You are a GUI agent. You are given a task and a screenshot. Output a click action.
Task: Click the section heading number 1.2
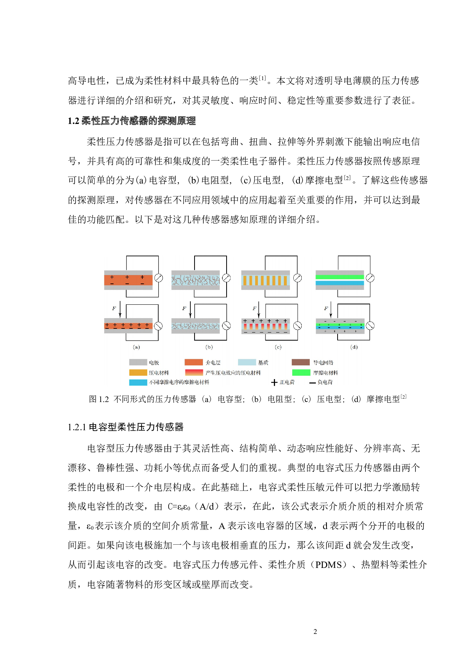click(73, 121)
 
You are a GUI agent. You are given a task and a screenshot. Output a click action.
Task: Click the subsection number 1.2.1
click(77, 427)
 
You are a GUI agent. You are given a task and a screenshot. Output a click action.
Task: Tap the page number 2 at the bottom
click(315, 632)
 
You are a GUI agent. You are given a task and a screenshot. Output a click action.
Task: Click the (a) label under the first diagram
click(136, 347)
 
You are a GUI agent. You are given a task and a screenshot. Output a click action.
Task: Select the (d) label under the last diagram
click(354, 347)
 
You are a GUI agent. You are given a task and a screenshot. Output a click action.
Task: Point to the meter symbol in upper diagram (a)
click(159, 278)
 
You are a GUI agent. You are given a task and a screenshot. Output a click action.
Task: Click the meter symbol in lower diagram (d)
click(370, 326)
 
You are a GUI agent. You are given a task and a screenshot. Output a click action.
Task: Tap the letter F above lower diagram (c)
click(254, 309)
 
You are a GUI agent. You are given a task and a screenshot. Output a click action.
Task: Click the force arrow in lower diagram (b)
click(190, 310)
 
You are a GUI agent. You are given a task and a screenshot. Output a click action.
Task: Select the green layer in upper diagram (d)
click(339, 277)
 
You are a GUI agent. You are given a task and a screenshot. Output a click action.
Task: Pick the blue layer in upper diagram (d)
click(339, 283)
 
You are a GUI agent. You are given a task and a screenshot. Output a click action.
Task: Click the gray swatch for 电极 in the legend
click(138, 362)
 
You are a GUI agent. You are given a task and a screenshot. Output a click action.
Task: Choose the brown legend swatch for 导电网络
click(301, 362)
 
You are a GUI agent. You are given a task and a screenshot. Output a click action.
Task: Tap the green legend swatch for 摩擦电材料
click(301, 373)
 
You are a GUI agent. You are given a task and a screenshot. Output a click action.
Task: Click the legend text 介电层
click(213, 362)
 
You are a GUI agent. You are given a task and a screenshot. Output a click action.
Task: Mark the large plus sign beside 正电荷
click(274, 382)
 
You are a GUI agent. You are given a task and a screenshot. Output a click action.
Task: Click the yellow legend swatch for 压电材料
click(138, 373)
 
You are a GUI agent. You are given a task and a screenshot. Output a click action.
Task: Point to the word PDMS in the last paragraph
click(328, 565)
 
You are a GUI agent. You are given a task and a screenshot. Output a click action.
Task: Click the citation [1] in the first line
click(262, 78)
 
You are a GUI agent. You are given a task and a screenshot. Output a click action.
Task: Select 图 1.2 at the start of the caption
click(99, 399)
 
